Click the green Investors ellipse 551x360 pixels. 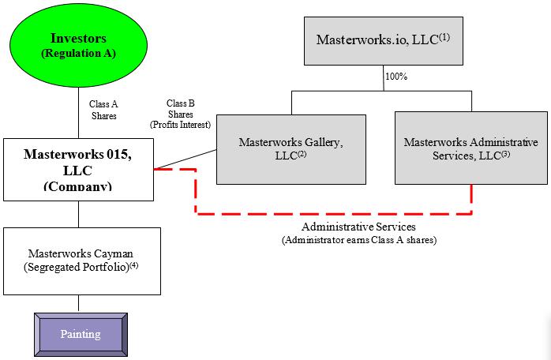tap(78, 46)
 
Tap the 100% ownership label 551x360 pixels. tap(395, 77)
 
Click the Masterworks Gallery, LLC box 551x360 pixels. tap(290, 149)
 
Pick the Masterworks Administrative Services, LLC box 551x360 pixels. tap(471, 149)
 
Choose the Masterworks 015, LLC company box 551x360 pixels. tap(78, 169)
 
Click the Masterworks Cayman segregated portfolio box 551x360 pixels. tap(82, 261)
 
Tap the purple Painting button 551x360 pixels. tap(81, 333)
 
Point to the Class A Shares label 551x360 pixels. tap(103, 110)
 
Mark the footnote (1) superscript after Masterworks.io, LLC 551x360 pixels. tap(444, 36)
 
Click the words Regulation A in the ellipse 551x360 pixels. tap(78, 53)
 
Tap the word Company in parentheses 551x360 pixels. tap(78, 186)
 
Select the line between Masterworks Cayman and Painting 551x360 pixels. tap(78, 302)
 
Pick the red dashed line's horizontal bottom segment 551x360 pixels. tap(332, 212)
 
